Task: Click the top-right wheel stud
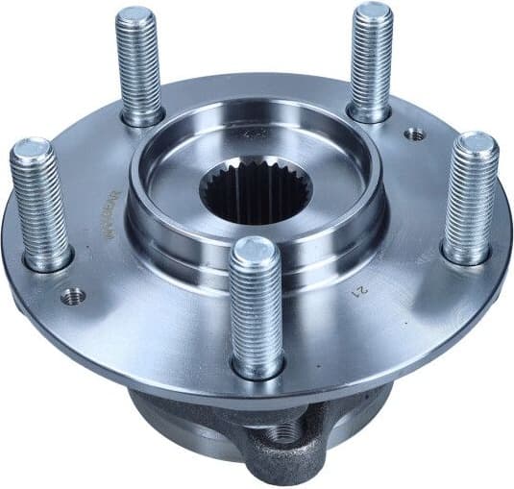pos(371,62)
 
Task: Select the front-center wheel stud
pos(257,307)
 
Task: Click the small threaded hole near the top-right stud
pos(414,135)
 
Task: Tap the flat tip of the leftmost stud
pos(32,151)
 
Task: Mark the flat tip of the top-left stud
pos(135,17)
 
